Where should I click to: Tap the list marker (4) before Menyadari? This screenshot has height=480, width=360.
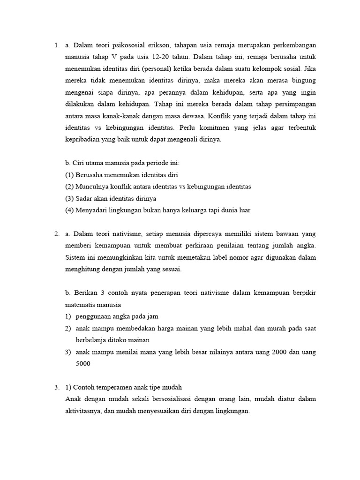(69, 210)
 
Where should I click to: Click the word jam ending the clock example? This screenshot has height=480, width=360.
(158, 316)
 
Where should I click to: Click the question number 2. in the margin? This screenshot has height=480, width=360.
(56, 234)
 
